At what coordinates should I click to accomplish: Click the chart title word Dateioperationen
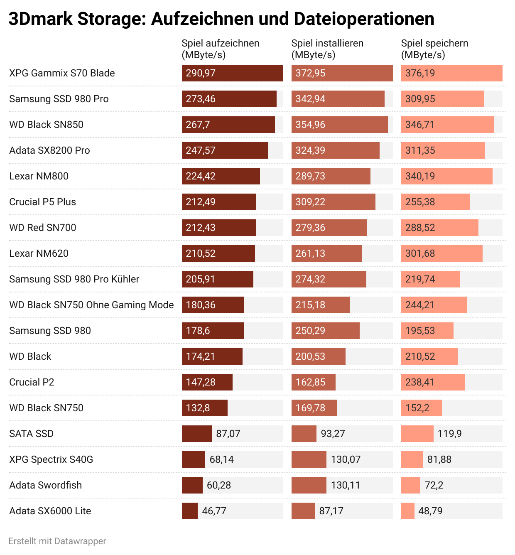click(x=364, y=19)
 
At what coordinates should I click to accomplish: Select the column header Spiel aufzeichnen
click(x=221, y=44)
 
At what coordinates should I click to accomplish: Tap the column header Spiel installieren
click(x=327, y=44)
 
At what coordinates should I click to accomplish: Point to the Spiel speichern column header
click(x=434, y=44)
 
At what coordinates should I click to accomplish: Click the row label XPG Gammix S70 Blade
click(x=62, y=73)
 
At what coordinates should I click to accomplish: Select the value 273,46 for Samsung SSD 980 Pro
click(x=201, y=99)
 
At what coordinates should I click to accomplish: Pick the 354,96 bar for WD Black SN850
click(x=339, y=125)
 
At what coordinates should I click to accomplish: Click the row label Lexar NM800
click(x=39, y=176)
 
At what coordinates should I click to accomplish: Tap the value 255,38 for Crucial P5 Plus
click(x=420, y=202)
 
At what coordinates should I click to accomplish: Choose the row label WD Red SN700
click(x=43, y=228)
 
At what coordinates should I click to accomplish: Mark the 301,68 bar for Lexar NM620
click(x=441, y=253)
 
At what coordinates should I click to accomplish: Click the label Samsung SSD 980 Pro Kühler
click(x=74, y=279)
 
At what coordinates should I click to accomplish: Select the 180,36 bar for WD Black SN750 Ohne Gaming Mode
click(x=213, y=305)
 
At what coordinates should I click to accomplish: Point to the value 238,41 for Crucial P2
click(x=420, y=382)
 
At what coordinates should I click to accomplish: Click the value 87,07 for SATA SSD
click(x=228, y=434)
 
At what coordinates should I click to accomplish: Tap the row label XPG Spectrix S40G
click(x=51, y=459)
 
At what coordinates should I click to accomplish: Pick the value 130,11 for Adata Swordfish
click(x=346, y=485)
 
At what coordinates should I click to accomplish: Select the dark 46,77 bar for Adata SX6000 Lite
click(x=190, y=511)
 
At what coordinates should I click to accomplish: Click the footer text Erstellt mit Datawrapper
click(x=57, y=541)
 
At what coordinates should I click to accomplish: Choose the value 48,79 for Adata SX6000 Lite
click(x=430, y=511)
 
